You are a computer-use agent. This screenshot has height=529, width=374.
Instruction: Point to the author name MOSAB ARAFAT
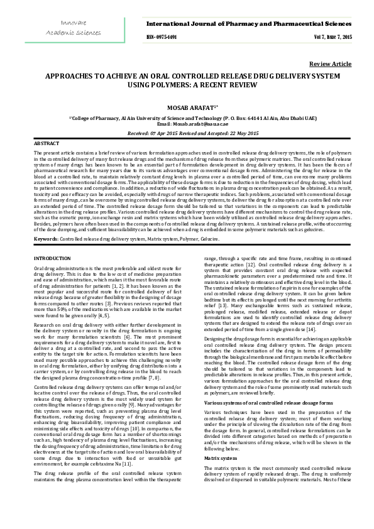click(x=186, y=107)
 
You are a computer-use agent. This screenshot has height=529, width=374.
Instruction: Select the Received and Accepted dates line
click(x=187, y=133)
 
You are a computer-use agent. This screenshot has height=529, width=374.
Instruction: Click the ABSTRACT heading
click(x=46, y=144)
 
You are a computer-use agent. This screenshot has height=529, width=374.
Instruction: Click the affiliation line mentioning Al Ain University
click(x=187, y=118)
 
